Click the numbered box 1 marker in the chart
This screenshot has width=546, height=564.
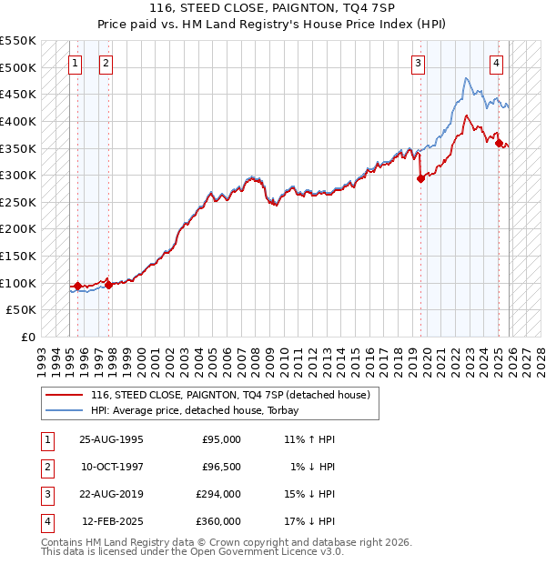coord(75,63)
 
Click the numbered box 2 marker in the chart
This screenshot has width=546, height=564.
coord(106,63)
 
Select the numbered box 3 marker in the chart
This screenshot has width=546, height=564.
coord(418,63)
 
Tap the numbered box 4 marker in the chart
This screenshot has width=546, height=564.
coord(497,63)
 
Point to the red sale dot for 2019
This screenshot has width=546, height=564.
coord(420,178)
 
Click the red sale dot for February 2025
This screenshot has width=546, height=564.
coord(500,142)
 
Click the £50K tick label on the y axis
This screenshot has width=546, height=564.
coord(22,310)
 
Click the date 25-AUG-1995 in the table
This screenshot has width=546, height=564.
coord(111,439)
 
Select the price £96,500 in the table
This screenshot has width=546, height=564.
coord(220,467)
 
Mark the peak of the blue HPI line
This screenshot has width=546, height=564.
coord(466,78)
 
